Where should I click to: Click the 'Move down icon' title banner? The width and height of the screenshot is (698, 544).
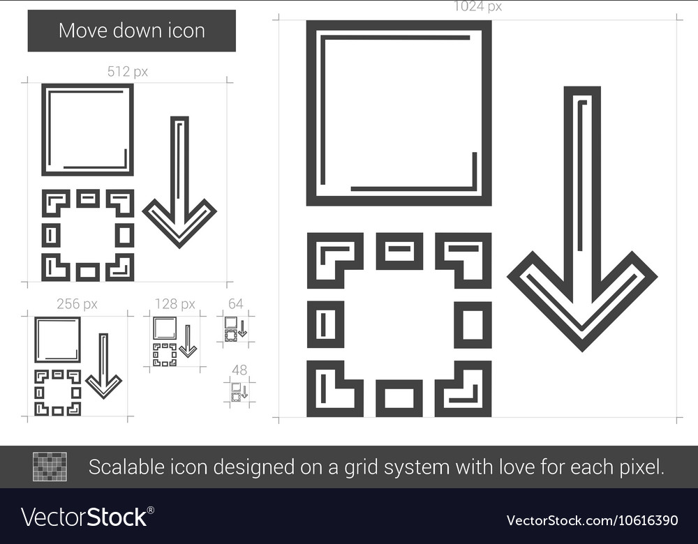(131, 31)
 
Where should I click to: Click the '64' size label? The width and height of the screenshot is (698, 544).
(236, 303)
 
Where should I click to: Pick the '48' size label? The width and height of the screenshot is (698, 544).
(239, 370)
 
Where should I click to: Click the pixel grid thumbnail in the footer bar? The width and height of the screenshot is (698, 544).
(50, 467)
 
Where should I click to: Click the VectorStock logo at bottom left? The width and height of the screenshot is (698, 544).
(87, 517)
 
